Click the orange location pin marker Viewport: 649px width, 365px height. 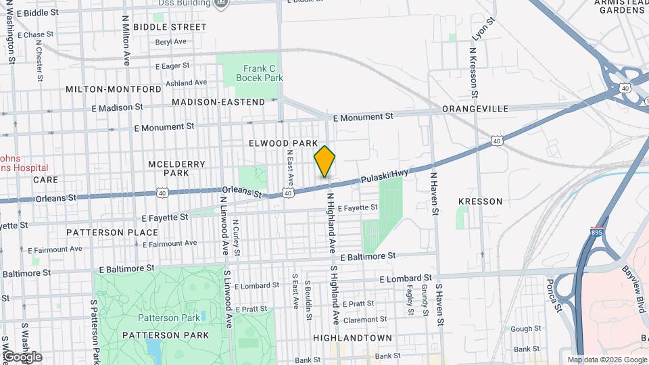pos(324,161)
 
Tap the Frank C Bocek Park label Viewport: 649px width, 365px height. pos(259,73)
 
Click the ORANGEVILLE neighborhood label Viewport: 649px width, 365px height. pos(475,108)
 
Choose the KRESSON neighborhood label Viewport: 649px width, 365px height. pos(480,201)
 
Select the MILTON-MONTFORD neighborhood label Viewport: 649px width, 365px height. pos(114,89)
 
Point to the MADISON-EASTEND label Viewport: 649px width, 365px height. pos(218,102)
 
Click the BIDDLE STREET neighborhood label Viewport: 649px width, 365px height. pos(170,27)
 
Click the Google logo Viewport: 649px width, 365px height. pos(22,357)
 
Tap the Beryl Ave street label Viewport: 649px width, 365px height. pos(170,41)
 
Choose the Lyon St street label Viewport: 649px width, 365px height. pos(479,30)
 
